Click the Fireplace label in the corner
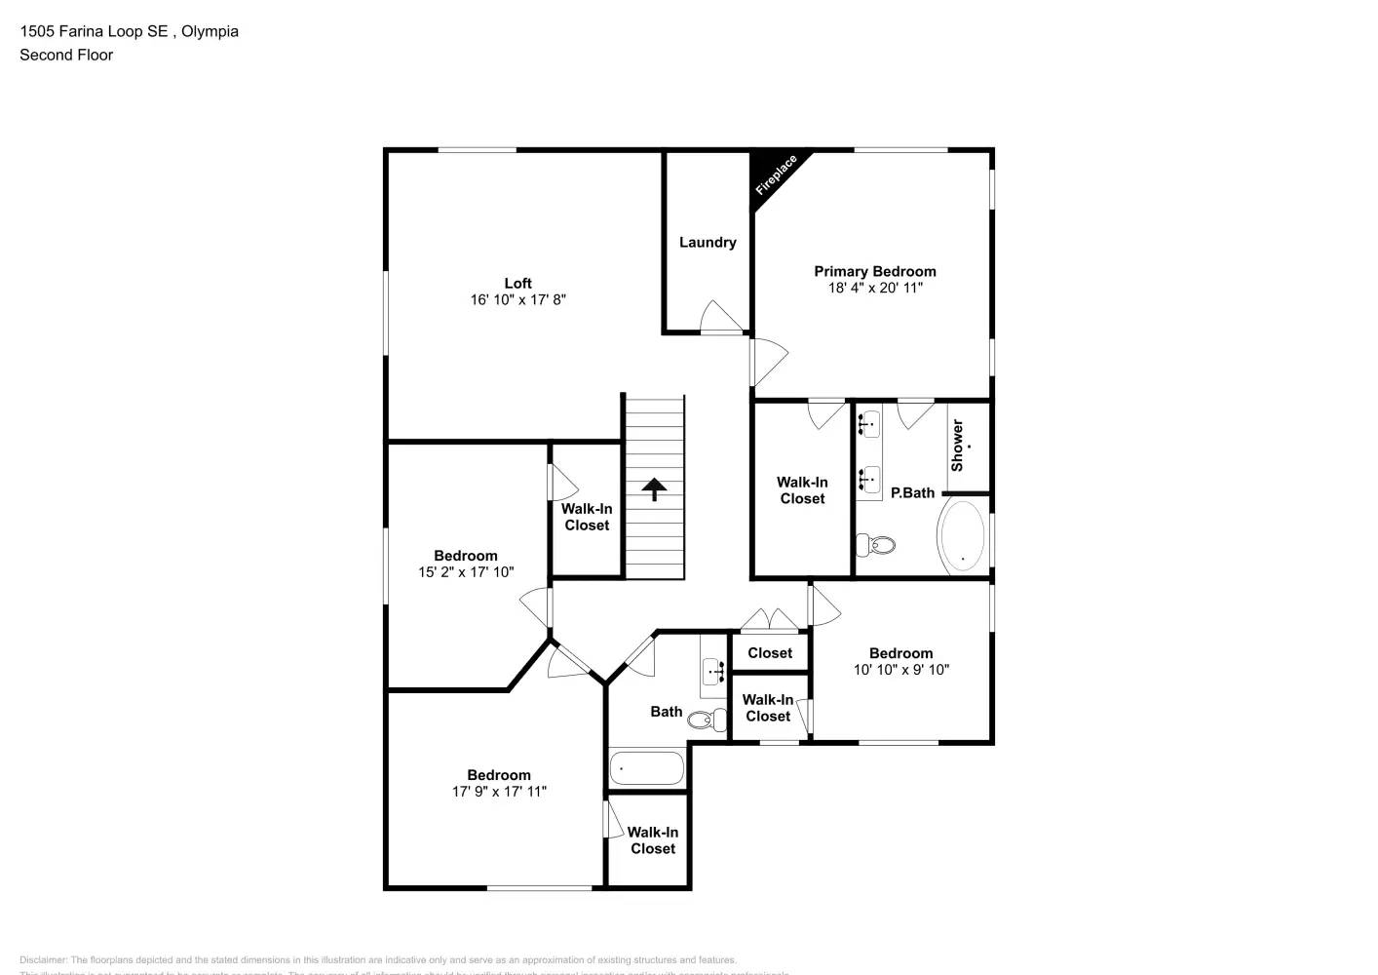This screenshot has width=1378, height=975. coord(776,175)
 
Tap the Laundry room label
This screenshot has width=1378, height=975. coord(708,242)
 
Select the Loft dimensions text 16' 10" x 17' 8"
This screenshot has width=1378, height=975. coord(517,300)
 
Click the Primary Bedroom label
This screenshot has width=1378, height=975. coord(875,271)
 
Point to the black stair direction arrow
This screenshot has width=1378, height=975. coord(654,488)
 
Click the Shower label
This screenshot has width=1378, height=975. coord(957,446)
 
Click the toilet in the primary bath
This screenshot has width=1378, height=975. coord(877,544)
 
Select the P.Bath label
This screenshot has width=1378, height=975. coord(912,492)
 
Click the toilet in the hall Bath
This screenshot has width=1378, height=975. coord(706,721)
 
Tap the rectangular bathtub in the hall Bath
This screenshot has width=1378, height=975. coord(647,768)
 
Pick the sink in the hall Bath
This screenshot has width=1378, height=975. coord(713,671)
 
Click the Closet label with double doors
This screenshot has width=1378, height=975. coord(770,653)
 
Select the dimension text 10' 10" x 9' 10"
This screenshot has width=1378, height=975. coord(901,670)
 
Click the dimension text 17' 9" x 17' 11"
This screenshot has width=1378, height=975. coord(499,792)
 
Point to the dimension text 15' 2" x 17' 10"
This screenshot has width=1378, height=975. coord(466,572)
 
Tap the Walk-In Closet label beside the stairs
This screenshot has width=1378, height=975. coord(587,517)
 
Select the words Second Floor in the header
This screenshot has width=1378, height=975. coord(66,55)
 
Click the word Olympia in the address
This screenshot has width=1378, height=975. coord(210,31)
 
